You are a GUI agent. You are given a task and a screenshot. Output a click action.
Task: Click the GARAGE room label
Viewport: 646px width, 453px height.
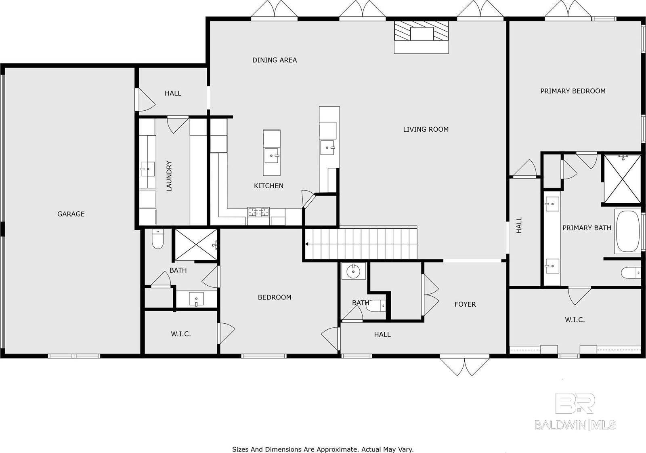(x=71, y=214)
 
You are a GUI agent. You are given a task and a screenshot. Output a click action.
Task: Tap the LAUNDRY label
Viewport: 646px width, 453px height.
(x=169, y=176)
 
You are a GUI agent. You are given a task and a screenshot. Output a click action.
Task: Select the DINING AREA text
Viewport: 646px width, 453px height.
(x=275, y=60)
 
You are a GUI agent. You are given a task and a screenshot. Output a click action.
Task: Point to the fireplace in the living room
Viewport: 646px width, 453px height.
(x=422, y=37)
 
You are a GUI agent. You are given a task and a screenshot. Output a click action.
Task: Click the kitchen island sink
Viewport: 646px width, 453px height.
(x=272, y=156)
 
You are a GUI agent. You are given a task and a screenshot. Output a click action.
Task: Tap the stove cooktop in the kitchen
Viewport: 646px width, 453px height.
(x=259, y=212)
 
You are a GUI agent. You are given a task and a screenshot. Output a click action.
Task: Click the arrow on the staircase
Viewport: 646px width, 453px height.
(x=307, y=244)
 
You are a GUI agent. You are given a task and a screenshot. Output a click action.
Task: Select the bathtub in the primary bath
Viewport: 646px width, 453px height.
(x=629, y=231)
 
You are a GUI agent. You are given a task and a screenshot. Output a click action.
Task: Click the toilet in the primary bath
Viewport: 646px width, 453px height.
(x=631, y=272)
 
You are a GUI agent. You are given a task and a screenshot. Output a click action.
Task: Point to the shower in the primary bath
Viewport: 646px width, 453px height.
(x=622, y=179)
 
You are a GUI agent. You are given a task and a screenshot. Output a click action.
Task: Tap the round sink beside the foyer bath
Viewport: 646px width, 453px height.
(x=353, y=271)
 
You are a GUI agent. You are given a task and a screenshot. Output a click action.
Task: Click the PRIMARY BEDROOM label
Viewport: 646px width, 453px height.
(x=573, y=91)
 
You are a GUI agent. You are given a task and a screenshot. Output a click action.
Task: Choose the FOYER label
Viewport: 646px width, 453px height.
(x=465, y=304)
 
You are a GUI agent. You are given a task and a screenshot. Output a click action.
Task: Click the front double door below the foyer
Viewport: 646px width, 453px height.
(x=464, y=366)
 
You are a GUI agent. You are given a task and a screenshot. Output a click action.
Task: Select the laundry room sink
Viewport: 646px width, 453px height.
(x=148, y=169)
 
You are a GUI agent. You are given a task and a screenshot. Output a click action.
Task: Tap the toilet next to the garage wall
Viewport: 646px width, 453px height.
(x=157, y=238)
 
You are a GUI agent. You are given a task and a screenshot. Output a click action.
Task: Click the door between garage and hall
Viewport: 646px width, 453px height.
(x=145, y=99)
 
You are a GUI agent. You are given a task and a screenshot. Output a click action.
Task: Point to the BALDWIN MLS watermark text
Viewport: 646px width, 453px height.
(x=575, y=425)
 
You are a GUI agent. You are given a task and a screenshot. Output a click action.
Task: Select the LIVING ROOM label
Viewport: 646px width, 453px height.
(x=426, y=129)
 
